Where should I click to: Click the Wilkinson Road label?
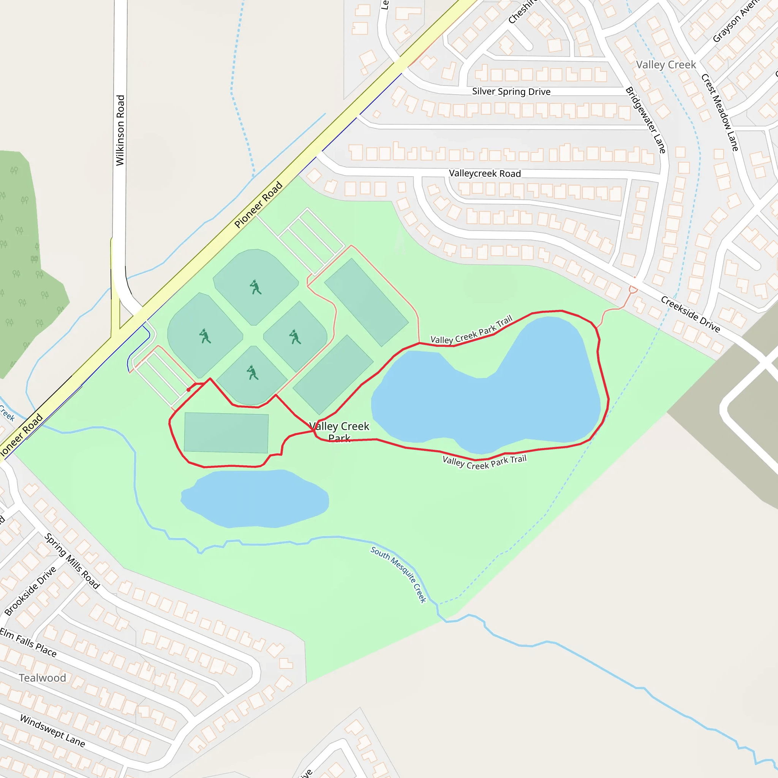120,130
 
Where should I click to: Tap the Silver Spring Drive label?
511,92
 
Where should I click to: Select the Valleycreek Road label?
485,174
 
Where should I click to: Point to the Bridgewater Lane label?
645,120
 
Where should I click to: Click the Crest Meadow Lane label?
720,112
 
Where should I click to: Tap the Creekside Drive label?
690,314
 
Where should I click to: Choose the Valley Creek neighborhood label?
666,65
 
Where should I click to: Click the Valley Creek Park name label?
339,432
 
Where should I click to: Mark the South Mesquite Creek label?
398,574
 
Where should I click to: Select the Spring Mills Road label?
72,561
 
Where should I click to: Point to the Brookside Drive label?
31,591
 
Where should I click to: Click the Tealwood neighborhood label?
42,678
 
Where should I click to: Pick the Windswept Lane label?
52,731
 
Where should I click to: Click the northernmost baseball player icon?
255,288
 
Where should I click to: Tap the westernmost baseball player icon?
205,336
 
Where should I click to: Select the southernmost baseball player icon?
253,373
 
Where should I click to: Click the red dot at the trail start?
188,390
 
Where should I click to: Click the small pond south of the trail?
255,498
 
